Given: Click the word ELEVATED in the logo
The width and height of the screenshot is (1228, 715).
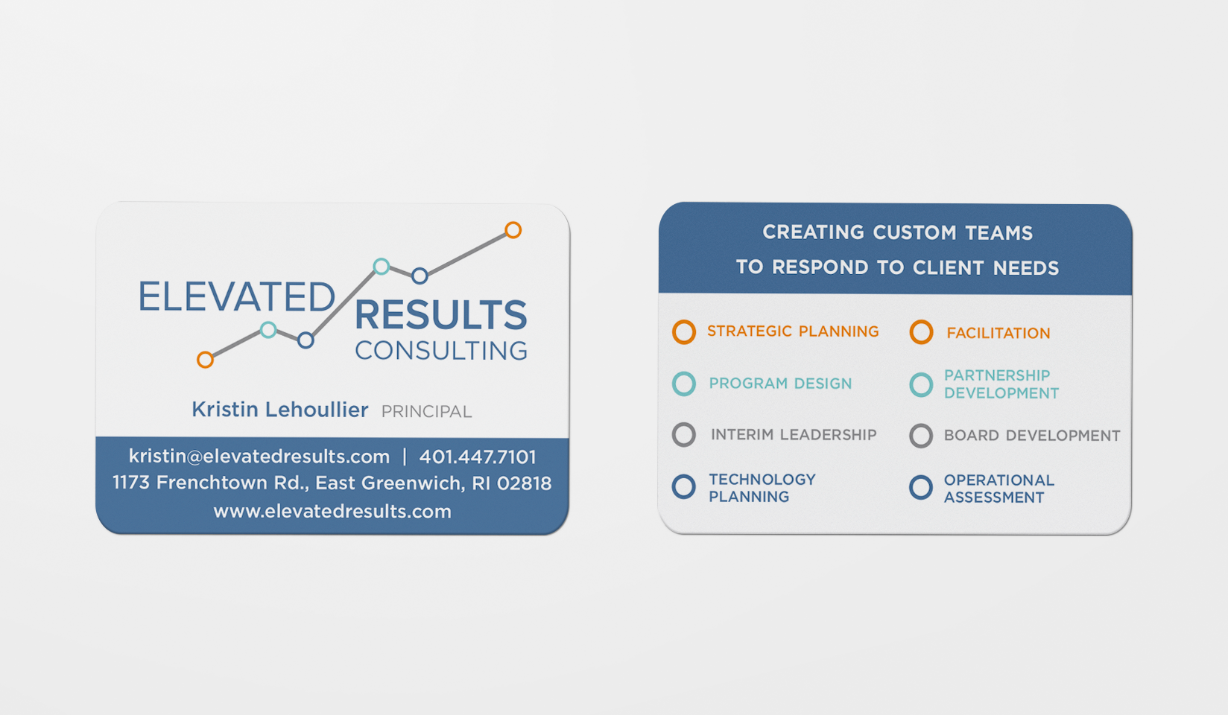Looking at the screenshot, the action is coord(236,297).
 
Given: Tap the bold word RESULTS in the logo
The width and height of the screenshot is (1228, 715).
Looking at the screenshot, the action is coord(441,315).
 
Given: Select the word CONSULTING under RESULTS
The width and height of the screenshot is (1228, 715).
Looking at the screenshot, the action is coord(441,351).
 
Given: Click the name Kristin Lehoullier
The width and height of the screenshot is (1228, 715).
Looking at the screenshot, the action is coord(279,410).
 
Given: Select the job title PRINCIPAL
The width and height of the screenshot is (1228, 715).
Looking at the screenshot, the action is coord(426,411).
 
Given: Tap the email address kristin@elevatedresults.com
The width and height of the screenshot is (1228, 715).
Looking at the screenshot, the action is coord(259,457).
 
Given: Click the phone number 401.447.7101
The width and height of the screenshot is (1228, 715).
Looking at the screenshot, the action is coord(478,457).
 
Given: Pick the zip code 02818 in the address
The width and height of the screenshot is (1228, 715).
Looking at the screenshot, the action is coord(524,483).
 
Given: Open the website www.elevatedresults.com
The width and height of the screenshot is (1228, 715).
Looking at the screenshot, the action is coord(332,512).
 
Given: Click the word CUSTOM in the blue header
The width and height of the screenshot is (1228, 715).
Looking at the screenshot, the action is coord(915,232).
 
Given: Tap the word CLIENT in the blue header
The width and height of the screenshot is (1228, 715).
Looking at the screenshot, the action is coord(949,268).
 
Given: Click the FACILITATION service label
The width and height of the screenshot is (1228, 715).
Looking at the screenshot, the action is coord(998,333).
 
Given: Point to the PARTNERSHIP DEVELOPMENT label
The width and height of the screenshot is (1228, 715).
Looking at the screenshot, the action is coord(1001,384).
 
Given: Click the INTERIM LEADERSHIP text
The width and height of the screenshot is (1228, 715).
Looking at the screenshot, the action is coord(794,434).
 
